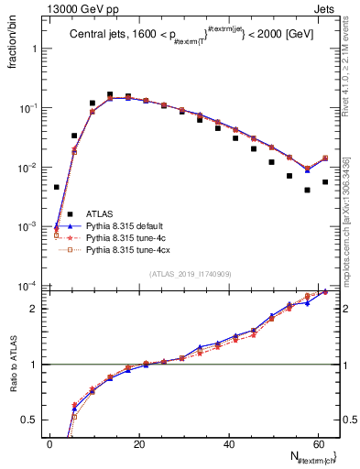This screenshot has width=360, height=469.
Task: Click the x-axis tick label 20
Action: [x=138, y=443]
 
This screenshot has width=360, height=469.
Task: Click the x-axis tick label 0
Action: [x=49, y=443]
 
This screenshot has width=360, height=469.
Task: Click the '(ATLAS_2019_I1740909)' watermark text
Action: [x=191, y=274]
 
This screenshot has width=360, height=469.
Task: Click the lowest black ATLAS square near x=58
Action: [x=307, y=190]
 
